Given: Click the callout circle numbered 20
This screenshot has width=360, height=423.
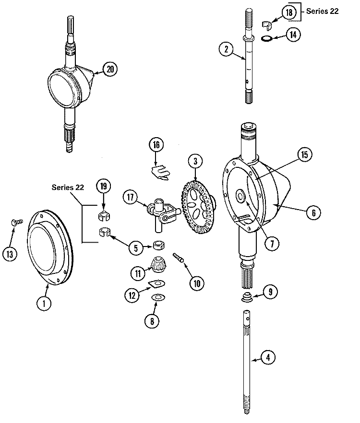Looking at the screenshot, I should tap(110, 69).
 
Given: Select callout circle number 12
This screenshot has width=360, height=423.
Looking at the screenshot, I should tap(132, 295).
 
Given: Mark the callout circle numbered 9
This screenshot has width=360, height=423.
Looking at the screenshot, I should tap(270, 290).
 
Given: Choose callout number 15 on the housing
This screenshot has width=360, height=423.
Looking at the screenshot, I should tap(304, 154).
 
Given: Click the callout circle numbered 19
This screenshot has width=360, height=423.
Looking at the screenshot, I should tap(103, 186).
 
